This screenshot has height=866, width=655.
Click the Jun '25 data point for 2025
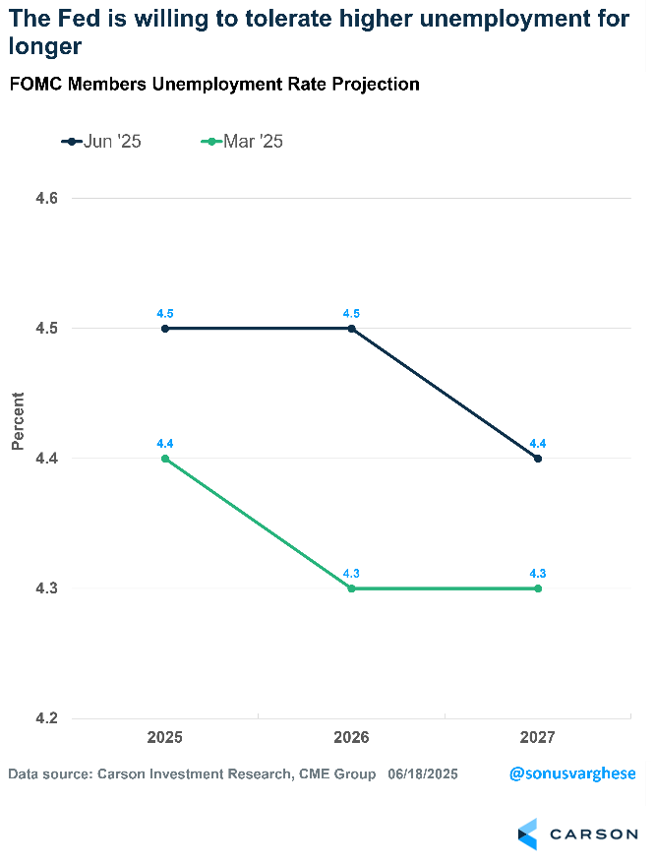click(x=165, y=329)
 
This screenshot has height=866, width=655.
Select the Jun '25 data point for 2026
click(x=351, y=329)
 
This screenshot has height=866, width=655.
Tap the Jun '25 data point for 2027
click(x=538, y=459)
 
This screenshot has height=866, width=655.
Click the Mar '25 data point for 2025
click(x=165, y=459)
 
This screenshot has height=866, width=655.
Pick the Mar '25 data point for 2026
click(x=351, y=588)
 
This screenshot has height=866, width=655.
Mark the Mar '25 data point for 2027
click(x=538, y=588)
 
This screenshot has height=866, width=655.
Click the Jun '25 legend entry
click(x=102, y=142)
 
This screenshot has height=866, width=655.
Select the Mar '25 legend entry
click(x=242, y=142)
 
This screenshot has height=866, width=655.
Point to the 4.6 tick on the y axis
click(x=48, y=199)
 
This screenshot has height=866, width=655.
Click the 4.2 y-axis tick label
click(x=48, y=718)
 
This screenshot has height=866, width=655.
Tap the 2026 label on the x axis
click(x=351, y=737)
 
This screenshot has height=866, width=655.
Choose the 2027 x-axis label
click(x=538, y=737)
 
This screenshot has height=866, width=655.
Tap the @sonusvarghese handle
click(x=572, y=773)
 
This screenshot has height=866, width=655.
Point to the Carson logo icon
click(x=528, y=834)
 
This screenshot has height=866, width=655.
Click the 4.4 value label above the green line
click(x=165, y=444)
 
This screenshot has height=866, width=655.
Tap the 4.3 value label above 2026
click(x=351, y=573)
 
